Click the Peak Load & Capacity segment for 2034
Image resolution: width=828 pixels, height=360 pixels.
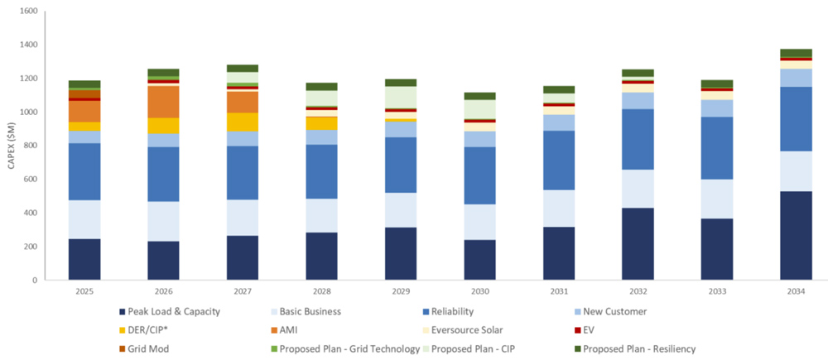796,236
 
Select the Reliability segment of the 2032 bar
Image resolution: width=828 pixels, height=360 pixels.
637,139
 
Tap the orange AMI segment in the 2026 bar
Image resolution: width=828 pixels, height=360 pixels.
163,102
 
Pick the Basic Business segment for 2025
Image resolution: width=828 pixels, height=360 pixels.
84,219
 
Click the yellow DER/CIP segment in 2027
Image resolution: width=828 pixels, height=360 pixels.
242,122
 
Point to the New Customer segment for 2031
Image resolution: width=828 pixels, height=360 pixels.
558,122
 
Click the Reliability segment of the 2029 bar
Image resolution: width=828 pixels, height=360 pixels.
400,165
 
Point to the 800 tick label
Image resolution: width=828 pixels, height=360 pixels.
30,146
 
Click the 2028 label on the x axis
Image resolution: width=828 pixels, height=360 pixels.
321,291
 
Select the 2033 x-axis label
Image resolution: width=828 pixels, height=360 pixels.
716,291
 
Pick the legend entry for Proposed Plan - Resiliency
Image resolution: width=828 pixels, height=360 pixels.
638,348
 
